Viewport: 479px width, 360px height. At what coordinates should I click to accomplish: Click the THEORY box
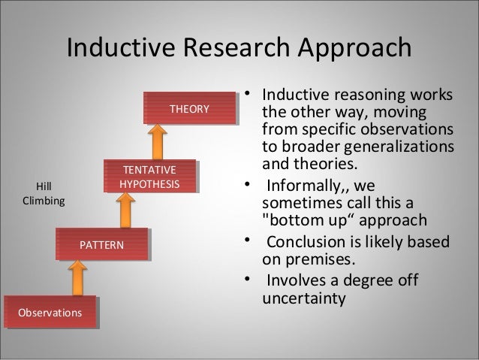click(189, 109)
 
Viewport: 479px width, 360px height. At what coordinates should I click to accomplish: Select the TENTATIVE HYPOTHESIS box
click(150, 177)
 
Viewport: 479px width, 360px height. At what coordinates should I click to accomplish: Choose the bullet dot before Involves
click(246, 280)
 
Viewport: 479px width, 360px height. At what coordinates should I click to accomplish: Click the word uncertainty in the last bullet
click(303, 299)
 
